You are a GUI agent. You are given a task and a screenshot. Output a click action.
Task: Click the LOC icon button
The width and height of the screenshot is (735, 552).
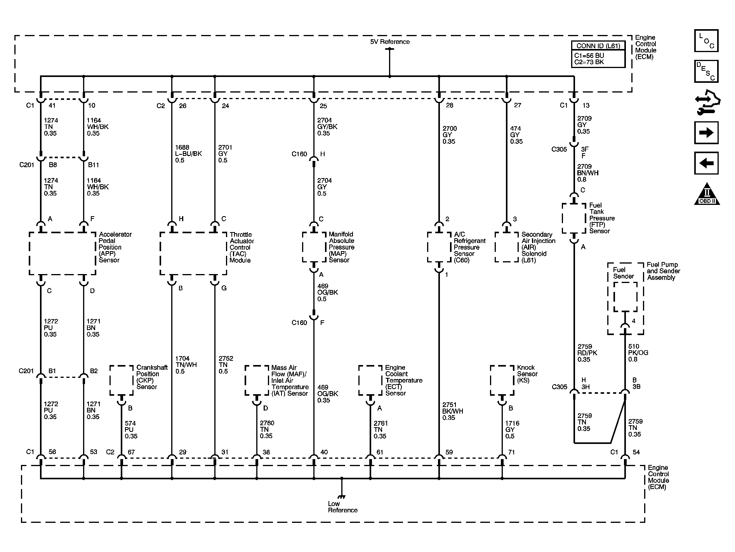pos(706,41)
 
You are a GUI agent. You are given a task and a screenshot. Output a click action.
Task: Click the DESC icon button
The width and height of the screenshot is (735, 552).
pos(706,72)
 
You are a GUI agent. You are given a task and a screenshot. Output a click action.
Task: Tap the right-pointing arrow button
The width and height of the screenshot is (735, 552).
pos(706,133)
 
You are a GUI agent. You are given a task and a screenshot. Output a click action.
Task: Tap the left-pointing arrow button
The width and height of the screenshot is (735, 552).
pos(706,163)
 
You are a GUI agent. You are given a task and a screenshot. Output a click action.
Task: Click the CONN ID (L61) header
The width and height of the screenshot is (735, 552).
pos(598,46)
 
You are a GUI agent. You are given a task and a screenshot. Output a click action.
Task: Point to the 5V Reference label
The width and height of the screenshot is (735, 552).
pos(389,42)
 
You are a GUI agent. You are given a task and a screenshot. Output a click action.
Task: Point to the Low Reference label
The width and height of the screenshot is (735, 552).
pos(342,507)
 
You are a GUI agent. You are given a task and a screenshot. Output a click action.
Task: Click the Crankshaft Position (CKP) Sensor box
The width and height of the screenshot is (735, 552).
pos(121,380)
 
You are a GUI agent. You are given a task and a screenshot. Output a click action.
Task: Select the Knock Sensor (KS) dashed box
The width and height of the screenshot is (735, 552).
pos(502,380)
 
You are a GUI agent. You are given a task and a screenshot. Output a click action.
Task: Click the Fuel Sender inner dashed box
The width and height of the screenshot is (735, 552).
pos(625,297)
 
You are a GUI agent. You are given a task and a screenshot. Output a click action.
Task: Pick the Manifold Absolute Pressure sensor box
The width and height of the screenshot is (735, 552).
pos(314,247)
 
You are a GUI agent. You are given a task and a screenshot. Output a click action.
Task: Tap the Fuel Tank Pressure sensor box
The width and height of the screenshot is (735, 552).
pos(574,218)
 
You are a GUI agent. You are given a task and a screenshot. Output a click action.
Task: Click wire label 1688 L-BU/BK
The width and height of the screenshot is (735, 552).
pos(188,154)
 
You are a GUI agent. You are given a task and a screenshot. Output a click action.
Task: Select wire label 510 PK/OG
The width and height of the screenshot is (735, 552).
pos(638,353)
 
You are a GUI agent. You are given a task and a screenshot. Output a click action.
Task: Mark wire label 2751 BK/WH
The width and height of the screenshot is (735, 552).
pos(452,411)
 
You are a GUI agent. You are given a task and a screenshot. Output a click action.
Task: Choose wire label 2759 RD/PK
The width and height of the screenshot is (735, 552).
pos(587,353)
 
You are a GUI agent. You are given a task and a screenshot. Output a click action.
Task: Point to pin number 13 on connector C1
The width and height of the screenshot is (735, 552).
pos(586,105)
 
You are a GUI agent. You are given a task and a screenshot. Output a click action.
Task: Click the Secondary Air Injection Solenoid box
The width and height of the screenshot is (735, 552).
pos(507,247)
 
